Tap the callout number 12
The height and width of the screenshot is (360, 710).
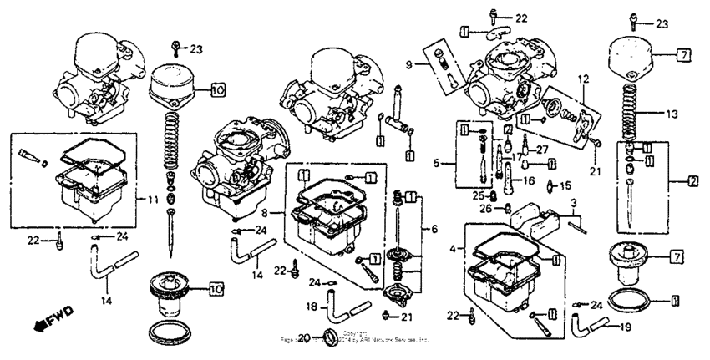point(583,79)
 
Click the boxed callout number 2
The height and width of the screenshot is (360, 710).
point(692,180)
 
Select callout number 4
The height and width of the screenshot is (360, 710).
point(454,248)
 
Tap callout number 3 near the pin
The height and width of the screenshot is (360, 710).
point(574,203)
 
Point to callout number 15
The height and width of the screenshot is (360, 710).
point(565,185)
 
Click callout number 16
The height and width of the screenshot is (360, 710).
point(529,180)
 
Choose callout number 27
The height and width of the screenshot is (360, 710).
point(541,150)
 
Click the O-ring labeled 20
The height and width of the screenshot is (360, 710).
point(330,337)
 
